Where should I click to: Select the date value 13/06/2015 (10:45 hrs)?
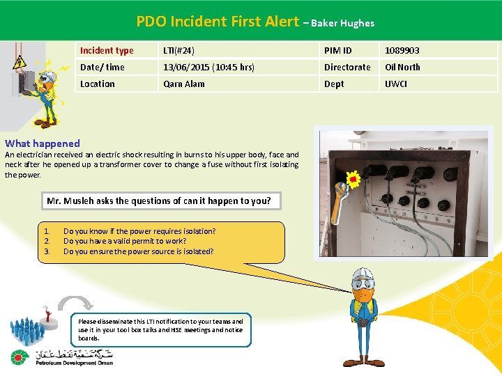pos(208,67)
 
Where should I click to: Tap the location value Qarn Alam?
pos(183,84)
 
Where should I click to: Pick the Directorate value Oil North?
pos(402,67)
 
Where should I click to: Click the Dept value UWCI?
pos(396,84)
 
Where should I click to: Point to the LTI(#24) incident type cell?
pos(178,50)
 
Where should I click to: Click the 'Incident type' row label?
pos(107,50)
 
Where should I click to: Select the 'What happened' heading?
pos(43,143)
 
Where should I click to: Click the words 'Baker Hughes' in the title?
pos(342,23)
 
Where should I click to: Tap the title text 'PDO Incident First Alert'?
pos(217,22)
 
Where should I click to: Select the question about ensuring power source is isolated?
pos(138,251)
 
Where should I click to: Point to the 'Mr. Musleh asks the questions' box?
pos(158,201)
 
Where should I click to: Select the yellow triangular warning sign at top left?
pos(20,61)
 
